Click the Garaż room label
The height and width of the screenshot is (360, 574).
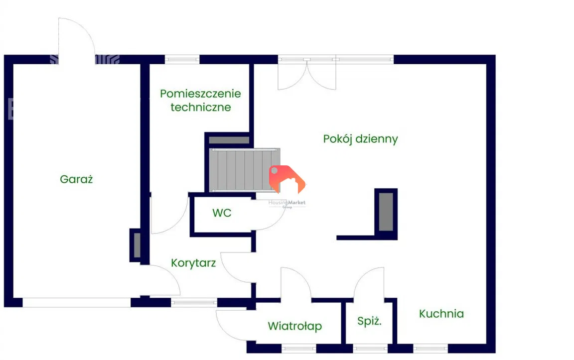pyautogui.click(x=76, y=179)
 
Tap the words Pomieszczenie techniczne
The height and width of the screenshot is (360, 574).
pyautogui.click(x=200, y=100)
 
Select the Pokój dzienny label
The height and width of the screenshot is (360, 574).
pyautogui.click(x=360, y=138)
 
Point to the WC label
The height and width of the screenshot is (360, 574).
pyautogui.click(x=222, y=213)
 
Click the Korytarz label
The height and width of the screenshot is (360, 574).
pyautogui.click(x=193, y=262)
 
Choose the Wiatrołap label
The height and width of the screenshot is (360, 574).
pyautogui.click(x=294, y=326)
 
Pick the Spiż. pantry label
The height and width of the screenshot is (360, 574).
pyautogui.click(x=369, y=321)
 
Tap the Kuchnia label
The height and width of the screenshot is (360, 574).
pyautogui.click(x=441, y=314)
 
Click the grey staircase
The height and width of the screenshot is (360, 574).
pyautogui.click(x=243, y=169)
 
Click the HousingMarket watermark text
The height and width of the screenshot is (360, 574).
pyautogui.click(x=287, y=203)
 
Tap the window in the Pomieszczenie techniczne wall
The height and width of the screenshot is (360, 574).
pyautogui.click(x=182, y=59)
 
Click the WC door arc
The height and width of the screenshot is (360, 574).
pyautogui.click(x=269, y=215)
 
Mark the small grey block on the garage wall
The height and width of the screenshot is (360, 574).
pyautogui.click(x=136, y=244)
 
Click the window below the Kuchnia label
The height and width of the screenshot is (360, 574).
pyautogui.click(x=430, y=349)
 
